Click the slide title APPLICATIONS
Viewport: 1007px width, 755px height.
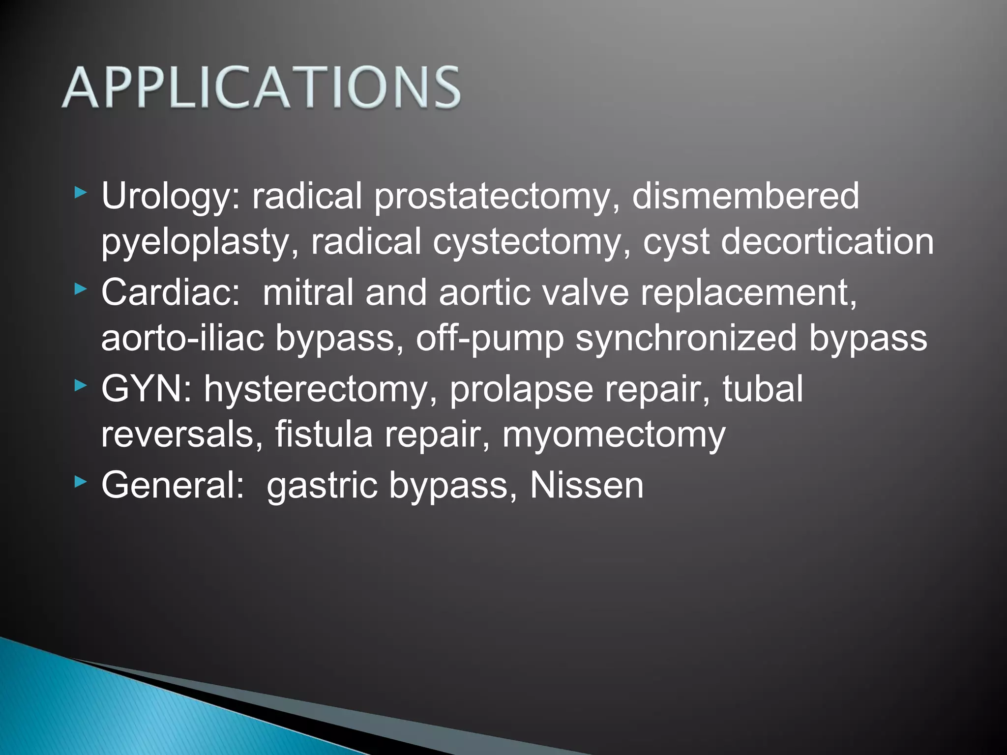pos(261,87)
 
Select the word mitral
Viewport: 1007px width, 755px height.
pos(308,292)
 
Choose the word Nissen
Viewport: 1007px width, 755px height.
pos(586,485)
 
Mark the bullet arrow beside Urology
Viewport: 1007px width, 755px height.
pos(80,193)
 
